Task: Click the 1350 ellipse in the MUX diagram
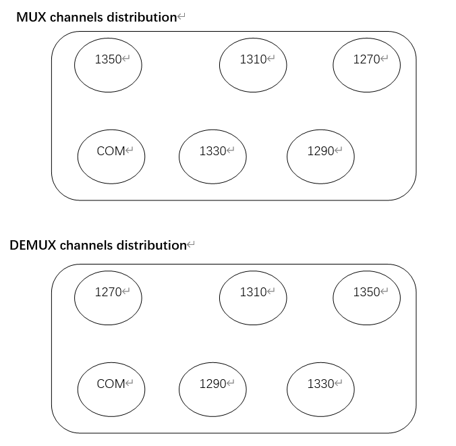[x=108, y=65]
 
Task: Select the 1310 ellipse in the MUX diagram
[x=253, y=65]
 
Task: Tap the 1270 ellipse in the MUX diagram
[x=367, y=65]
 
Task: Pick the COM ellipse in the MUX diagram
[x=111, y=157]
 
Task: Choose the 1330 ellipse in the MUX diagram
[x=212, y=157]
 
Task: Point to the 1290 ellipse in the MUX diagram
[x=320, y=157]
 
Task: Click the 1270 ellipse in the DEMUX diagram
[x=108, y=298]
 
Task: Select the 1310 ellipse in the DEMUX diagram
[x=253, y=298]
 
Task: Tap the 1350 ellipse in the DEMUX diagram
[x=367, y=298]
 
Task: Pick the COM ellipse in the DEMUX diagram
[x=111, y=389]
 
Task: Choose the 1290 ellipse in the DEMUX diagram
[x=212, y=389]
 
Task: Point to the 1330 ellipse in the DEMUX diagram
[x=320, y=389]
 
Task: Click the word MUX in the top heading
[x=30, y=18]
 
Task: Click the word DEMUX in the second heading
[x=32, y=245]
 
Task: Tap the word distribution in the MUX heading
[x=141, y=18]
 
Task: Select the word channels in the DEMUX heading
[x=86, y=245]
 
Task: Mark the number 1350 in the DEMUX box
[x=366, y=292]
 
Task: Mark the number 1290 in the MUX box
[x=320, y=151]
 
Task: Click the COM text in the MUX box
[x=111, y=151]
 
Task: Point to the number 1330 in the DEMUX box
[x=320, y=384]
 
